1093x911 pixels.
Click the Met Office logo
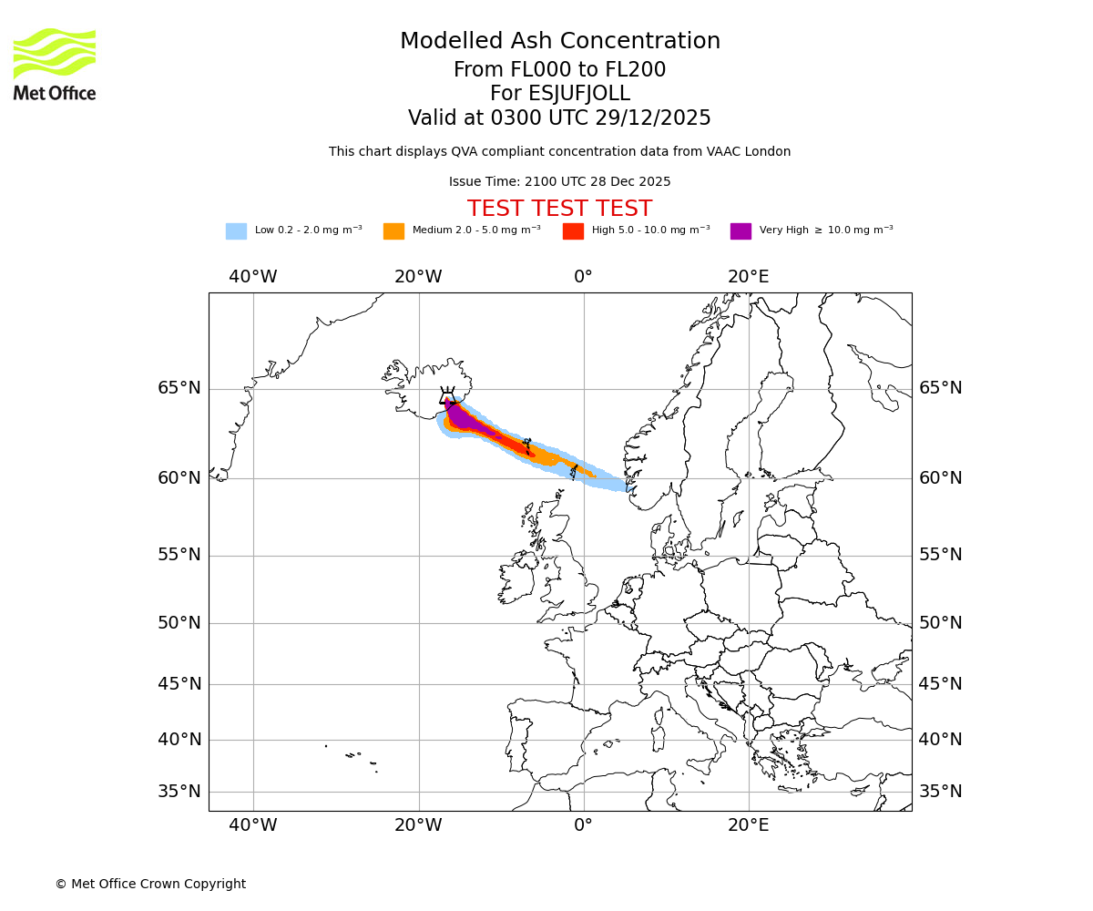click(x=55, y=64)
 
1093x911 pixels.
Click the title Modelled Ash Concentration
click(x=559, y=41)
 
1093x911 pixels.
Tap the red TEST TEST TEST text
click(x=559, y=209)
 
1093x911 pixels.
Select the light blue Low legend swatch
click(x=236, y=230)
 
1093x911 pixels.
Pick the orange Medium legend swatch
click(x=393, y=230)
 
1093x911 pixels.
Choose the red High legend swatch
click(x=573, y=230)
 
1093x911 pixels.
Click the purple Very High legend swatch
click(x=741, y=230)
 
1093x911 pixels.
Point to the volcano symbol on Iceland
click(x=447, y=395)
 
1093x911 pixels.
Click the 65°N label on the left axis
click(x=179, y=388)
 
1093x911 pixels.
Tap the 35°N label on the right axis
click(x=940, y=791)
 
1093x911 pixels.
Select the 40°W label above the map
click(x=252, y=276)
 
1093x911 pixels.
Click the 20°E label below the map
click(x=748, y=825)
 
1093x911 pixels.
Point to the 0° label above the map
click(x=583, y=276)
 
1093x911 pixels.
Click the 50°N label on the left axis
click(x=179, y=623)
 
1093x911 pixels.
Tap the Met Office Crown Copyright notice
click(x=150, y=884)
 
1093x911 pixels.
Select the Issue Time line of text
click(x=559, y=181)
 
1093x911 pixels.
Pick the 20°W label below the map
click(x=418, y=825)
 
